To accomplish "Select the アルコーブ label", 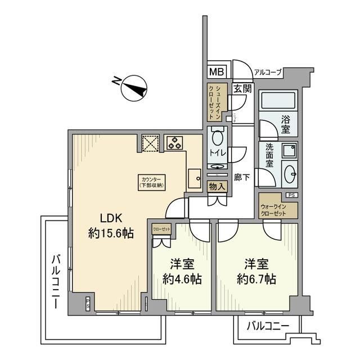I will pyautogui.click(x=268, y=71).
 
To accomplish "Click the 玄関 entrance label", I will pyautogui.click(x=242, y=88).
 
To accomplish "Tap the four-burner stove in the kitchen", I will pyautogui.click(x=174, y=142).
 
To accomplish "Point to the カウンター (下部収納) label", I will pyautogui.click(x=151, y=181).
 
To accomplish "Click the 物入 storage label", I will pyautogui.click(x=217, y=187).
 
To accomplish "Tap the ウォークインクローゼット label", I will pyautogui.click(x=273, y=210).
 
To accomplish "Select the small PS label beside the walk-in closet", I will pyautogui.click(x=291, y=195).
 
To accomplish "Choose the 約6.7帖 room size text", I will pyautogui.click(x=256, y=278).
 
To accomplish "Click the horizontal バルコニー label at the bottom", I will pyautogui.click(x=268, y=325).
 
